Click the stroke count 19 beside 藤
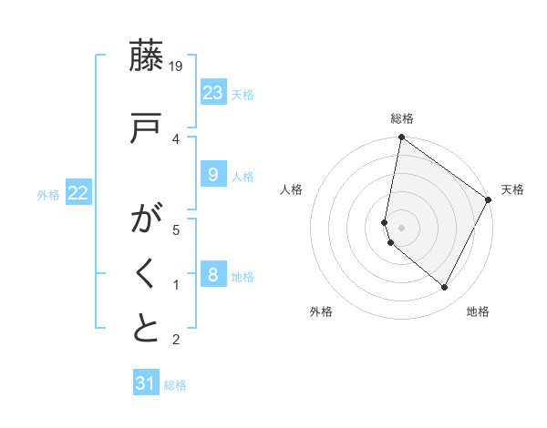[176, 66]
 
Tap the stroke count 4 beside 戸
[176, 138]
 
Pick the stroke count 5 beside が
[176, 229]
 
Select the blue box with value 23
[212, 93]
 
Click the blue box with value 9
[212, 175]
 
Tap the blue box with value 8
[212, 275]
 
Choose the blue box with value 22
[78, 193]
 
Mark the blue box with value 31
[146, 383]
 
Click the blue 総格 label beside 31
[175, 385]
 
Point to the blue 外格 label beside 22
[48, 194]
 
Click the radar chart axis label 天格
[512, 189]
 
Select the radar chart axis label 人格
[292, 189]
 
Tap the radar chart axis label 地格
[478, 312]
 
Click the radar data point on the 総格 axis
[401, 138]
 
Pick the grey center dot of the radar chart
[401, 228]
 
